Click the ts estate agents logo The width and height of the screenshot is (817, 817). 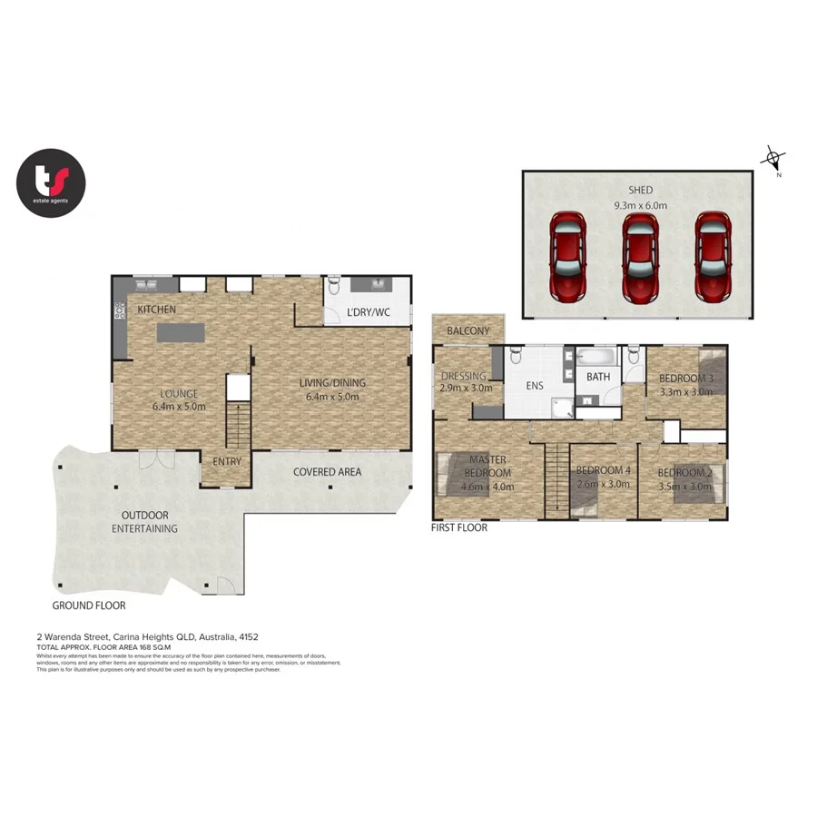pyautogui.click(x=51, y=183)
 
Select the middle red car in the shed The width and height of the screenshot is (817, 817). pyautogui.click(x=640, y=258)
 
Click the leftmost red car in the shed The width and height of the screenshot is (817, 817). pyautogui.click(x=568, y=258)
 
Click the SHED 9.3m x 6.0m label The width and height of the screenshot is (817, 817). pyautogui.click(x=640, y=198)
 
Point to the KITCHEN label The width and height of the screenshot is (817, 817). pyautogui.click(x=156, y=310)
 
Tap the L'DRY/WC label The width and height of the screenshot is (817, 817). pyautogui.click(x=369, y=313)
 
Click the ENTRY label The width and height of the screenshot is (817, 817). pyautogui.click(x=227, y=462)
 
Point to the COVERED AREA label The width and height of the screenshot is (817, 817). pyautogui.click(x=327, y=472)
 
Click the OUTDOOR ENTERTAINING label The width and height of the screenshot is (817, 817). pyautogui.click(x=145, y=522)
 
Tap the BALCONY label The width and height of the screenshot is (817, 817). pyautogui.click(x=468, y=331)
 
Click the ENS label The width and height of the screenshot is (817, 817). pyautogui.click(x=534, y=386)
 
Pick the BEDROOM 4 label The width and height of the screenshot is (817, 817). pyautogui.click(x=603, y=477)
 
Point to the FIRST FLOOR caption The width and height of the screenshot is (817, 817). pyautogui.click(x=459, y=527)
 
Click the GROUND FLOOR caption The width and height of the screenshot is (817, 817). pyautogui.click(x=88, y=605)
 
